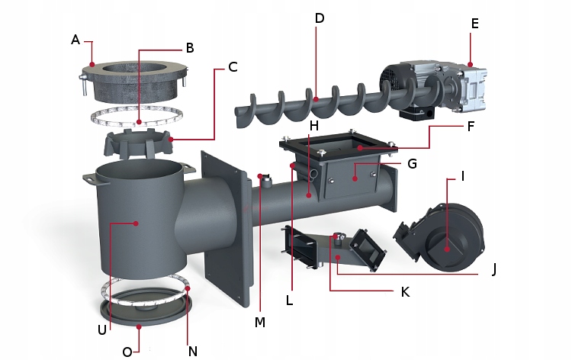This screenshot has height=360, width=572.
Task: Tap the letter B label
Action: click(189, 47)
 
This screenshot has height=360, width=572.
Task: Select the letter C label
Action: click(233, 66)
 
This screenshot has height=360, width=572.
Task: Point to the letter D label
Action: click(319, 18)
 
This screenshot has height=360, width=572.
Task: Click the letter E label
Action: click(474, 24)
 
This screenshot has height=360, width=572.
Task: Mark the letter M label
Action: click(260, 323)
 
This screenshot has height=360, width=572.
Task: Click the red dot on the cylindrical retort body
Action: click(135, 223)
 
